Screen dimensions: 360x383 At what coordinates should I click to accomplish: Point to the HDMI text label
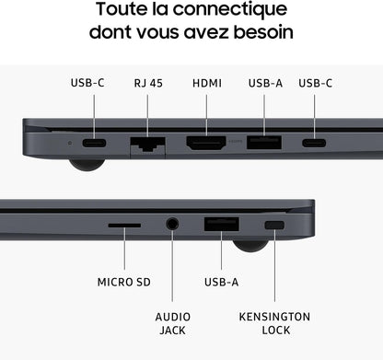coord(207,83)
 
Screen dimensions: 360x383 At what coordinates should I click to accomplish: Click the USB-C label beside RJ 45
coord(87,83)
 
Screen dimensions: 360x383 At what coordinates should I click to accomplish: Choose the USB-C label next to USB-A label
coord(316,83)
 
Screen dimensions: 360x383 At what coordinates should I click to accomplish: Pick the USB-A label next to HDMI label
coord(265,83)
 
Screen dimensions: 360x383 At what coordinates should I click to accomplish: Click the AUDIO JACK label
coord(171,323)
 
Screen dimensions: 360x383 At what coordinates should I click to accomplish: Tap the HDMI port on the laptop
coord(207,144)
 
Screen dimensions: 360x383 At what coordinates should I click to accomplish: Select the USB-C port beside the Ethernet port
coord(94,144)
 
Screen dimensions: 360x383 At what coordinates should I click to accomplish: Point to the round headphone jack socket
coord(172,224)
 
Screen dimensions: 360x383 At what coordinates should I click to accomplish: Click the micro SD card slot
coord(123,225)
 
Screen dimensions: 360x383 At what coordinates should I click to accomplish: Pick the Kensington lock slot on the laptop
coord(274,226)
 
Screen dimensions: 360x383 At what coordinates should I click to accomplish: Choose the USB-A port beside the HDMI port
coord(265,144)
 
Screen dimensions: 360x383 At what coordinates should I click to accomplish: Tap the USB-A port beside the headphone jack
coord(221,224)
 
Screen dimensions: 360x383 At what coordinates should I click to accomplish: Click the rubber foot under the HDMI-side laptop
coord(86,165)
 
